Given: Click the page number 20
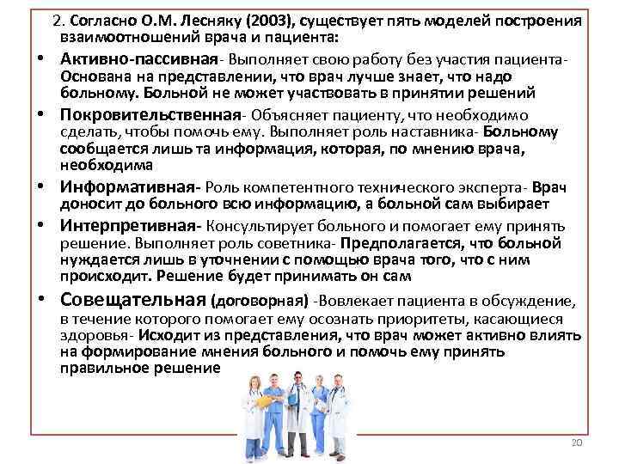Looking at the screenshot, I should pos(576,442).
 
